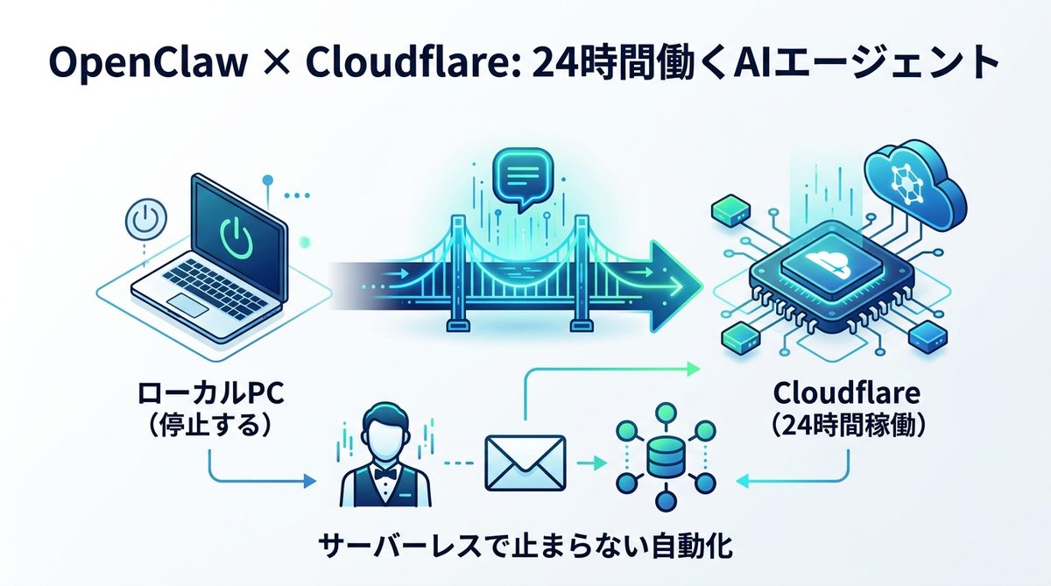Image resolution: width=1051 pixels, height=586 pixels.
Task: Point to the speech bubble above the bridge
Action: click(x=520, y=178)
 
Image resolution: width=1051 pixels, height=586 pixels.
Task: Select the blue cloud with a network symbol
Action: click(x=910, y=186)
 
